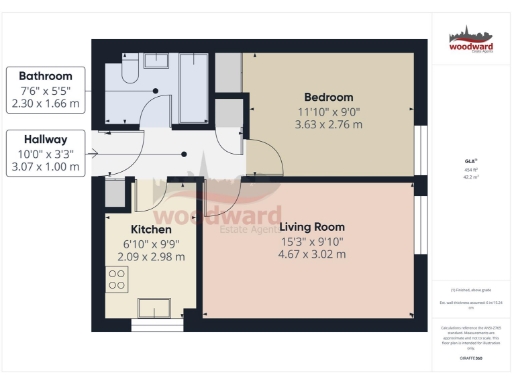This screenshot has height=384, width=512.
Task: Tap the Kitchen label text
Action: click(x=135, y=228)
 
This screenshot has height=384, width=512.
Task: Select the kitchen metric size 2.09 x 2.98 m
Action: click(x=135, y=256)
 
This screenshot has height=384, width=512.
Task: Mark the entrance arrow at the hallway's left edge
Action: click(x=94, y=153)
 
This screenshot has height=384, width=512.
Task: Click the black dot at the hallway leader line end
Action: click(x=185, y=153)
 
